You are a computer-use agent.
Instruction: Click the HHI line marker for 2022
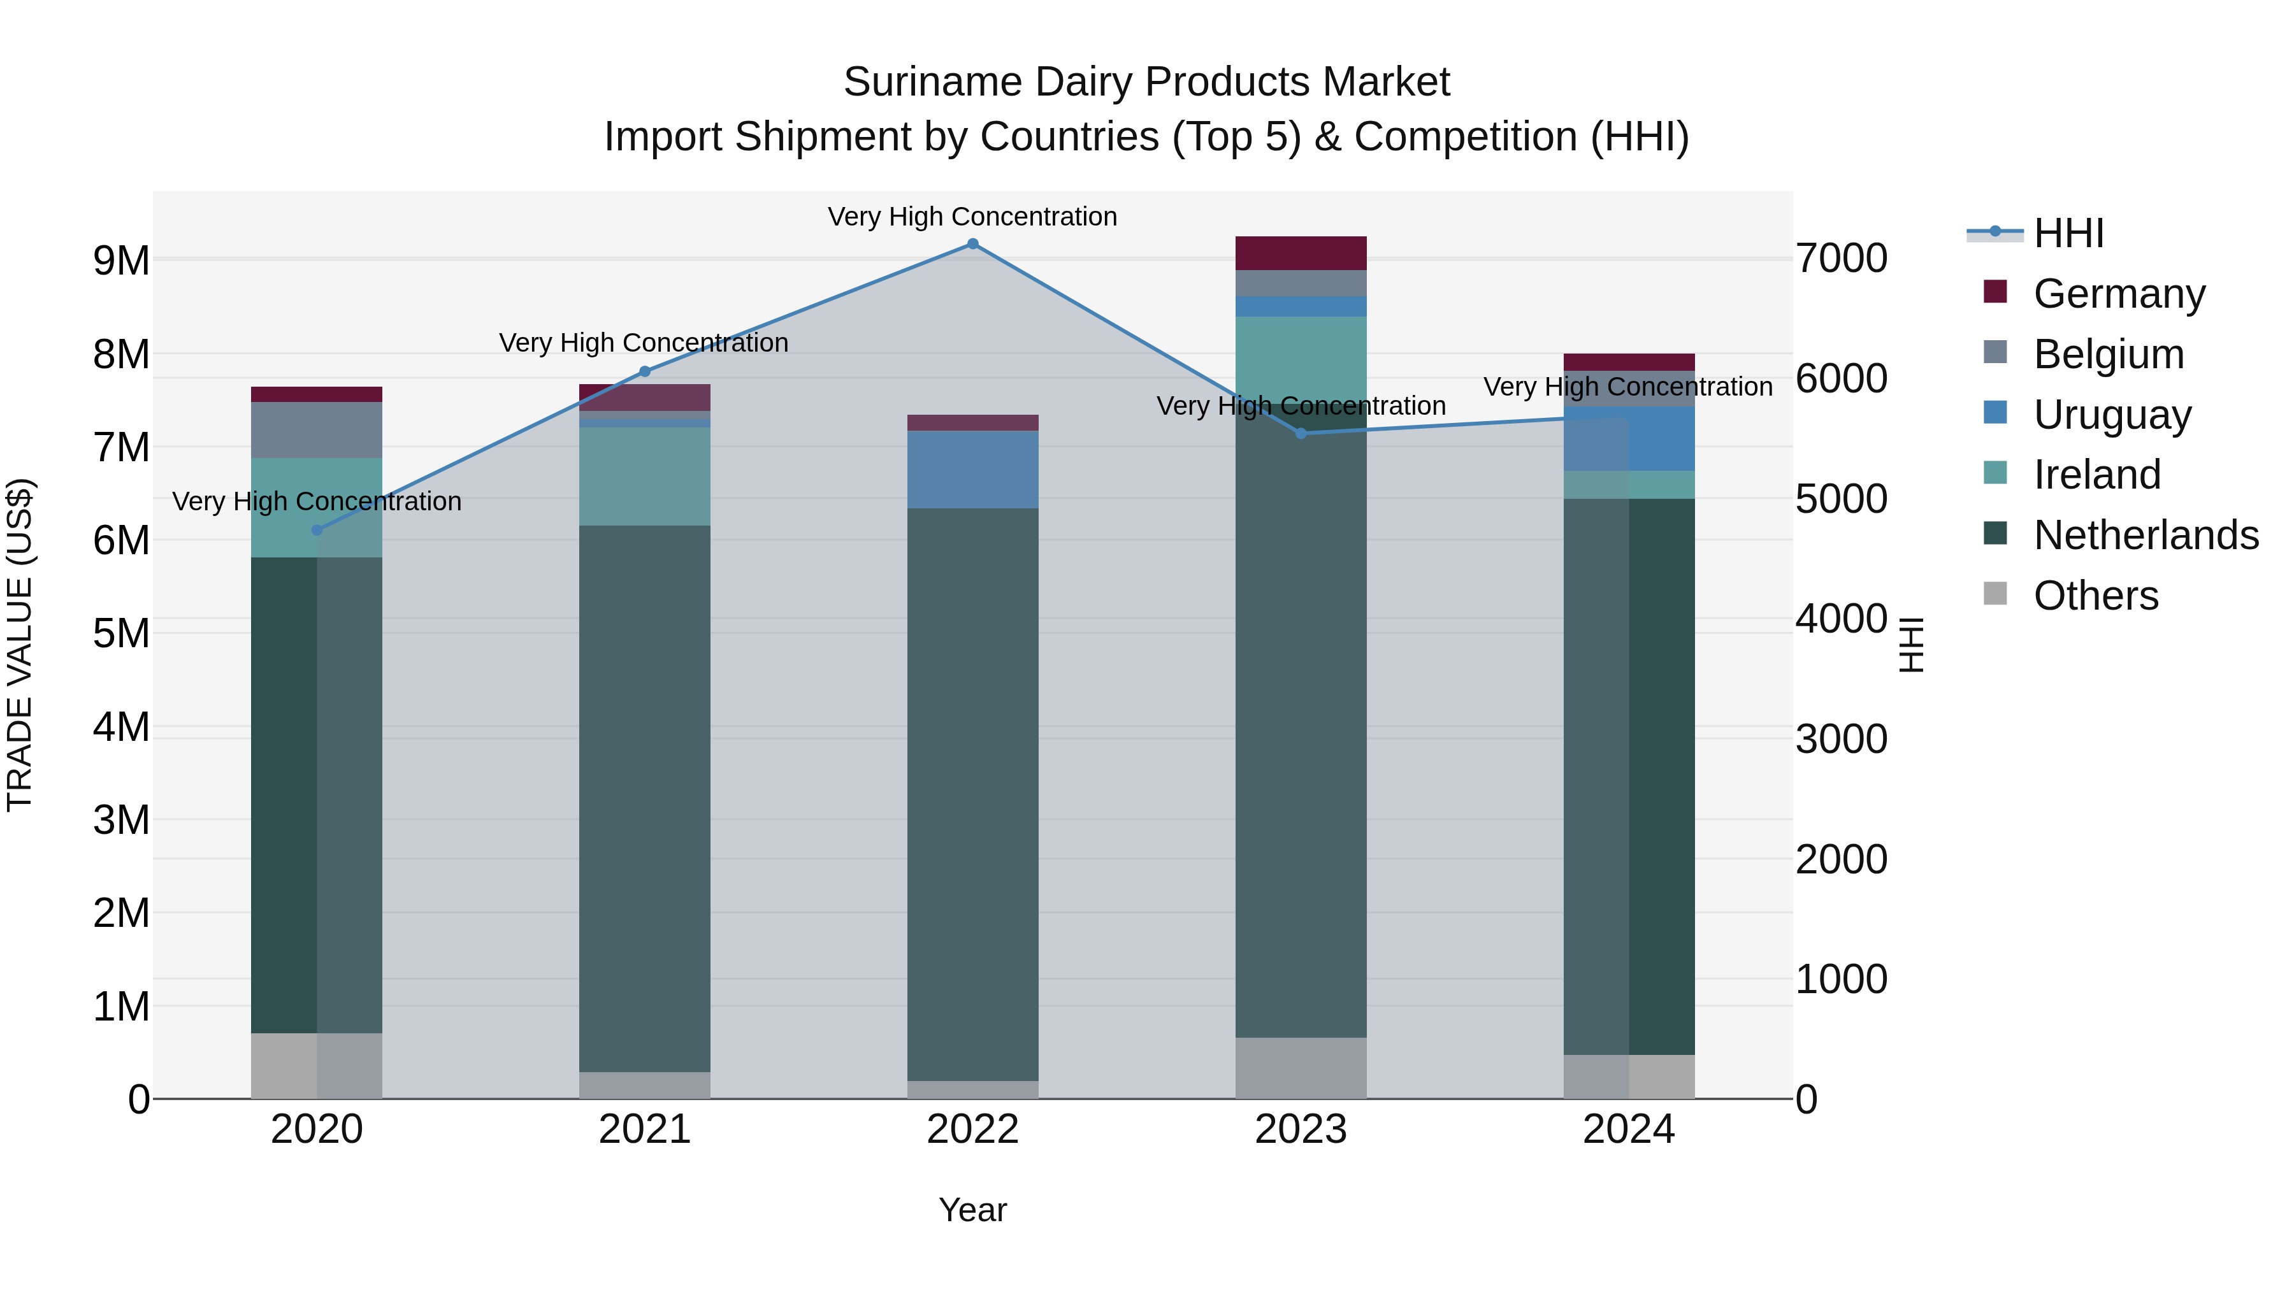click(972, 244)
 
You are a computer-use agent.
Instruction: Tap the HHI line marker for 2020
click(317, 531)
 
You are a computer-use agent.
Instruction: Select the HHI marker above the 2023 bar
click(1301, 434)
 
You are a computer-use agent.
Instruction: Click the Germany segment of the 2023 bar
click(1301, 254)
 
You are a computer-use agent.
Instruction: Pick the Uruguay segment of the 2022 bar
click(972, 470)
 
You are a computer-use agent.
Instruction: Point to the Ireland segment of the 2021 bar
click(645, 477)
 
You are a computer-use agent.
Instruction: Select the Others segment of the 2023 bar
click(1301, 1068)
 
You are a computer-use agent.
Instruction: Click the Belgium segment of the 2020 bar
click(317, 430)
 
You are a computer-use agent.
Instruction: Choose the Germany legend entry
click(2119, 294)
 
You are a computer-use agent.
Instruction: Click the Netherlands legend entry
click(2146, 535)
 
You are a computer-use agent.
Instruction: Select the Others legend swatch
click(1996, 594)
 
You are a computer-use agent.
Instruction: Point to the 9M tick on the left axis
click(122, 261)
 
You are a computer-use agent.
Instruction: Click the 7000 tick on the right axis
click(1841, 259)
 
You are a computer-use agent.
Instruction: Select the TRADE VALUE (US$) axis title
click(20, 645)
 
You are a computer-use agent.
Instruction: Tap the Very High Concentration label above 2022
click(972, 217)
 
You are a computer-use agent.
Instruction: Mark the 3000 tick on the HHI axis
click(1841, 740)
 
